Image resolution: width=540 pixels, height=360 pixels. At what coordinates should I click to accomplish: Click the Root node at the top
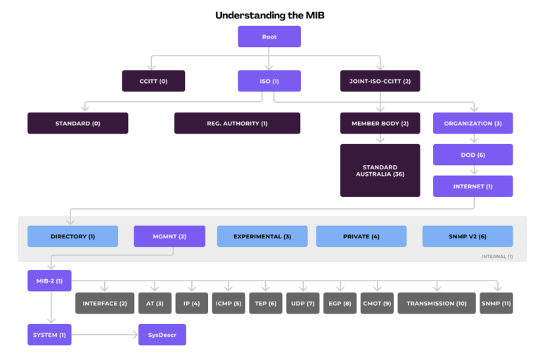point(269,37)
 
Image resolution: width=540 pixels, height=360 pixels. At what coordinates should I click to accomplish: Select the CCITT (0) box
point(153,81)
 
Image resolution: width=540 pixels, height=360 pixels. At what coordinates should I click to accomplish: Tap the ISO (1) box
point(269,81)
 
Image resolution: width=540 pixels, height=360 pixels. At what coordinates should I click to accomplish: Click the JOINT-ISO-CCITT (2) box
point(380,81)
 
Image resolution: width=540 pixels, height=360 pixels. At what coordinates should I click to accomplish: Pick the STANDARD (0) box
point(77,123)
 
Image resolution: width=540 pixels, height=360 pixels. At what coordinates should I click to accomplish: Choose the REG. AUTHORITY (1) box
point(237,123)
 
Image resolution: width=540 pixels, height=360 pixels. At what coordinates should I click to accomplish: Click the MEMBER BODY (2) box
point(380,123)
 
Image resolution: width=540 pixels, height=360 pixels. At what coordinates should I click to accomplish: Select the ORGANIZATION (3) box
point(472,123)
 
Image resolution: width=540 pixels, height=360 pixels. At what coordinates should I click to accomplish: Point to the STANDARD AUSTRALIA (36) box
point(380,170)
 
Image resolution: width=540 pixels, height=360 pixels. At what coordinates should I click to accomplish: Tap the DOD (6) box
point(472,155)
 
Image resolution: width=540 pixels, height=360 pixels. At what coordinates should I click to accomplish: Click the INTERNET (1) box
point(472,186)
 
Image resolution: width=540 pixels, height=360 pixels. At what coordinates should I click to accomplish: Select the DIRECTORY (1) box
point(72,236)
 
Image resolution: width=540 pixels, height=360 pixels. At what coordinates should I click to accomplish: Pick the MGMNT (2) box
point(169,236)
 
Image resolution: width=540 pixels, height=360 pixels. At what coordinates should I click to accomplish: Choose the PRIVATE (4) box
point(361,236)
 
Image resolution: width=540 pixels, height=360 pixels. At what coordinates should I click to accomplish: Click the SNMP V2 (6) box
point(468,236)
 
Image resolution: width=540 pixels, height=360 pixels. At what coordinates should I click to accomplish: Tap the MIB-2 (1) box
point(49,281)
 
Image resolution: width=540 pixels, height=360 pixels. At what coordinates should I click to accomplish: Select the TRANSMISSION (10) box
point(436,303)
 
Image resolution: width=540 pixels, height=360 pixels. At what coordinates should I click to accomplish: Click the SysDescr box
point(162,335)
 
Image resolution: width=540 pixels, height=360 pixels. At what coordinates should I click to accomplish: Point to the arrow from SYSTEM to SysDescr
point(105,335)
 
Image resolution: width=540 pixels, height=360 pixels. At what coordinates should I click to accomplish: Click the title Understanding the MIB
point(269,15)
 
